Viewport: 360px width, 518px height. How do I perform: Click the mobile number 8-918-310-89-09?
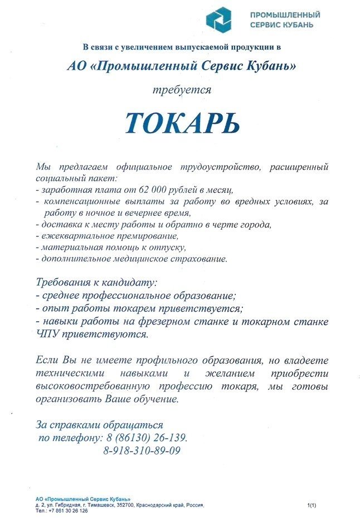142,451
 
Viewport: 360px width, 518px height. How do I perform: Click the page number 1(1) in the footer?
312,505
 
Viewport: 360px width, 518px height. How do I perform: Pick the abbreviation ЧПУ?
47,335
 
